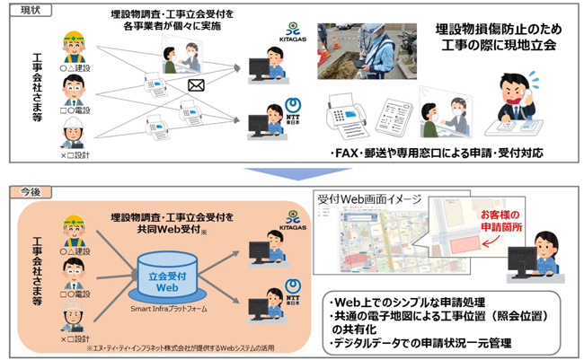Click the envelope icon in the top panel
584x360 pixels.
(196, 86)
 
